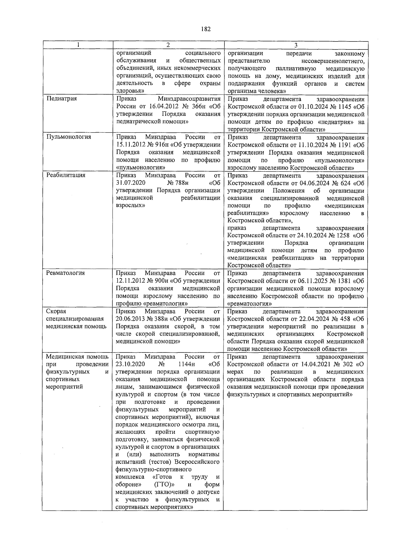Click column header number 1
tap(78, 45)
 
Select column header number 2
tap(168, 45)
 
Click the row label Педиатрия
tap(62, 98)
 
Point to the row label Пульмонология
tap(68, 137)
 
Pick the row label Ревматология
tap(66, 273)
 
